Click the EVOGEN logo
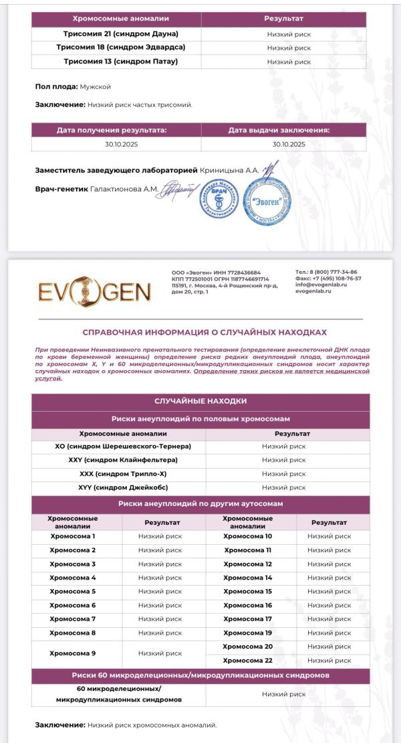point(94,292)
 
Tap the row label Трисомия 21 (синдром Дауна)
point(121,33)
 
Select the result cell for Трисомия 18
point(289,48)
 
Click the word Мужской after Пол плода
point(96,87)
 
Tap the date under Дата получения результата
point(121,144)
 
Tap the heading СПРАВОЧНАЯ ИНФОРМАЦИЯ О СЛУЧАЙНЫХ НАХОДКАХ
point(205,332)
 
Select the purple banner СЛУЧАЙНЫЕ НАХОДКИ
point(200,401)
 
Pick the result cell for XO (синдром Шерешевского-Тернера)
point(283,446)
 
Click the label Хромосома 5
point(73,591)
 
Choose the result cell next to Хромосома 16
point(329,605)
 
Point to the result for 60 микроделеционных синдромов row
point(283,694)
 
